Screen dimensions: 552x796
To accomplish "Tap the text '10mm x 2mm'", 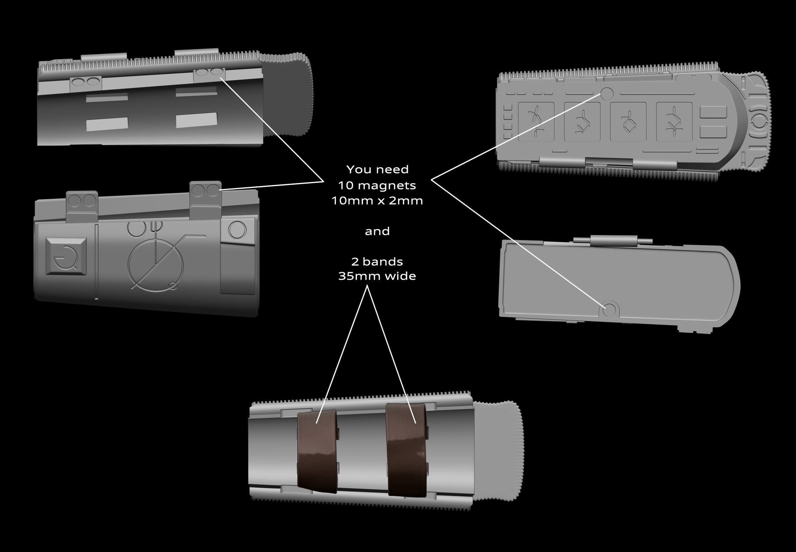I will (377, 201).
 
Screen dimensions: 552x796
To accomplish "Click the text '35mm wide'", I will (377, 276).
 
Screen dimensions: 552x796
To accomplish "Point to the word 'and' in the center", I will (377, 231).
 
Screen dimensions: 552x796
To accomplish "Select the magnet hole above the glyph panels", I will (607, 94).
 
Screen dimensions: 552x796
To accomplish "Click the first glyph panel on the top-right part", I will (536, 121).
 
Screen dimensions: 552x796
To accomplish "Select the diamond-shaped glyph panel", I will (628, 121).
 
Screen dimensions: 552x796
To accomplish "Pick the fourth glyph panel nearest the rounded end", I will (674, 121).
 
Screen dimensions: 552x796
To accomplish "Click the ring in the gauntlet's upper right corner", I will (237, 230).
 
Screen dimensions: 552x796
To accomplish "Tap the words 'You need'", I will (377, 169).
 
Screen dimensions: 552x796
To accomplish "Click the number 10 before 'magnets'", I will (345, 186).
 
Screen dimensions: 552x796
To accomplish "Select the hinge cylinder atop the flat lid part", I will (614, 240).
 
